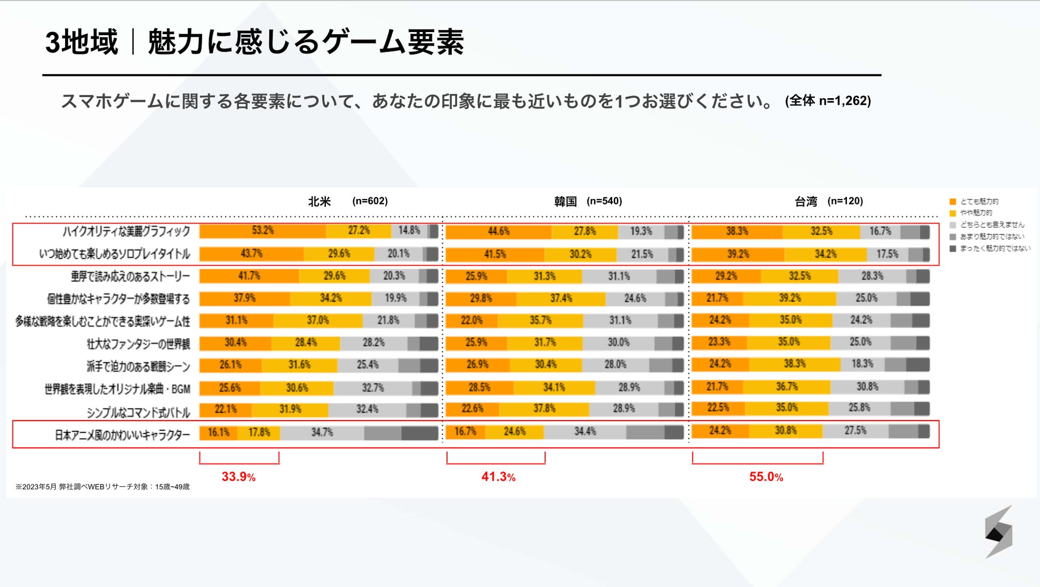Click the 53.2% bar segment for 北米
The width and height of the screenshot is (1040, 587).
click(x=262, y=231)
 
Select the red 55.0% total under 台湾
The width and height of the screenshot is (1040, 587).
click(x=766, y=477)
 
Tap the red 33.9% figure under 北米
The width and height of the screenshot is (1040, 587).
click(x=238, y=477)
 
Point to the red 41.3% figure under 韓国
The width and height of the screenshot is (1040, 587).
click(x=498, y=477)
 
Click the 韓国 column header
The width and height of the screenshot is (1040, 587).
click(x=565, y=201)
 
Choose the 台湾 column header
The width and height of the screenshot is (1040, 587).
click(x=806, y=201)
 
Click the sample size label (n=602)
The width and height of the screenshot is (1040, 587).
click(x=370, y=201)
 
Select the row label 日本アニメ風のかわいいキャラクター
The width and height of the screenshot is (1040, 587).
click(x=122, y=435)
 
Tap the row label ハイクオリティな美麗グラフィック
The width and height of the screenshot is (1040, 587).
click(x=126, y=231)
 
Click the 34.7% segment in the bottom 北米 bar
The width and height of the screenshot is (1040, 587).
click(x=322, y=432)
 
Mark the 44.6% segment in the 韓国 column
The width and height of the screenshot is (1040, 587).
click(x=498, y=232)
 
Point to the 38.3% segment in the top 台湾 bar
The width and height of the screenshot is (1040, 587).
click(x=737, y=231)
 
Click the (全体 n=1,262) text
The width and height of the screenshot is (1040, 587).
click(x=828, y=101)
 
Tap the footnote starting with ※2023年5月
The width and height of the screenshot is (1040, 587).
click(x=102, y=487)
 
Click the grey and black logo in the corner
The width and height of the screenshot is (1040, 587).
click(x=998, y=532)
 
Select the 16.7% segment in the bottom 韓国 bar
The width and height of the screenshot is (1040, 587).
click(x=465, y=432)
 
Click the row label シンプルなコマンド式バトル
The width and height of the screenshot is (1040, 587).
click(x=138, y=412)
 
